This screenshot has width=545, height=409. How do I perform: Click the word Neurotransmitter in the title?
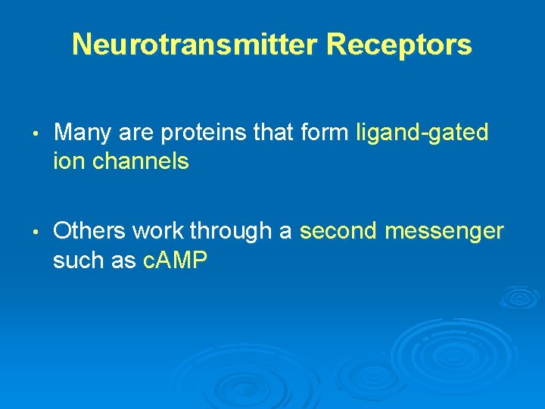tap(196, 45)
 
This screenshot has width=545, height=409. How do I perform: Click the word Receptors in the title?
tap(399, 45)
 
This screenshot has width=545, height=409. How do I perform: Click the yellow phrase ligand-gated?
tap(422, 134)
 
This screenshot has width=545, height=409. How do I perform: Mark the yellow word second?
tap(338, 231)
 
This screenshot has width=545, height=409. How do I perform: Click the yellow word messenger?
tap(444, 232)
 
